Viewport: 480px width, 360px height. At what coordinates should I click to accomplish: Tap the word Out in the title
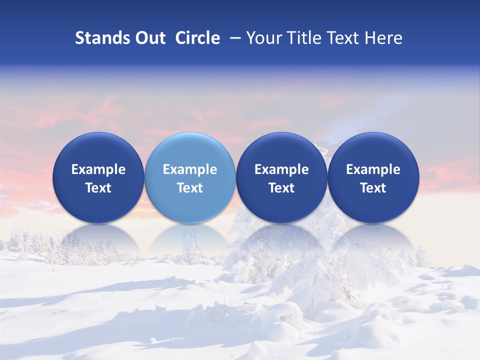(x=149, y=38)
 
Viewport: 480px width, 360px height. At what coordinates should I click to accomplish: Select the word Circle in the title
(x=197, y=38)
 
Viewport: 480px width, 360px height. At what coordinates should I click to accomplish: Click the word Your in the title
(x=262, y=38)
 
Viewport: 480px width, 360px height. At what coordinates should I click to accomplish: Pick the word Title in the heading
(x=303, y=38)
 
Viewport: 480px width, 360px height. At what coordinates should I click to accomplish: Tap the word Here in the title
(x=385, y=38)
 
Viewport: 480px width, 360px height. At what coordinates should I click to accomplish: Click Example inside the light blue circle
(x=190, y=169)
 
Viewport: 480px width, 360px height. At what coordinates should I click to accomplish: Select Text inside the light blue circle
(x=190, y=188)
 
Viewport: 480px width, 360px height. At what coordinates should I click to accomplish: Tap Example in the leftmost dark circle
(x=98, y=169)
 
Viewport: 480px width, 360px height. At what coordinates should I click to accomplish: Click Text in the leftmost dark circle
(x=98, y=188)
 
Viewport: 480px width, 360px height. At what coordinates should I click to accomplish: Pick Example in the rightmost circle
(x=373, y=169)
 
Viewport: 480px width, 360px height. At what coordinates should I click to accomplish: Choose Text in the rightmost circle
(x=373, y=188)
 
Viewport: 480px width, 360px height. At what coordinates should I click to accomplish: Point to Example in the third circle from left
(x=281, y=169)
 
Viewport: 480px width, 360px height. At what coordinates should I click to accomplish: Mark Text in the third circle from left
(x=281, y=188)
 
